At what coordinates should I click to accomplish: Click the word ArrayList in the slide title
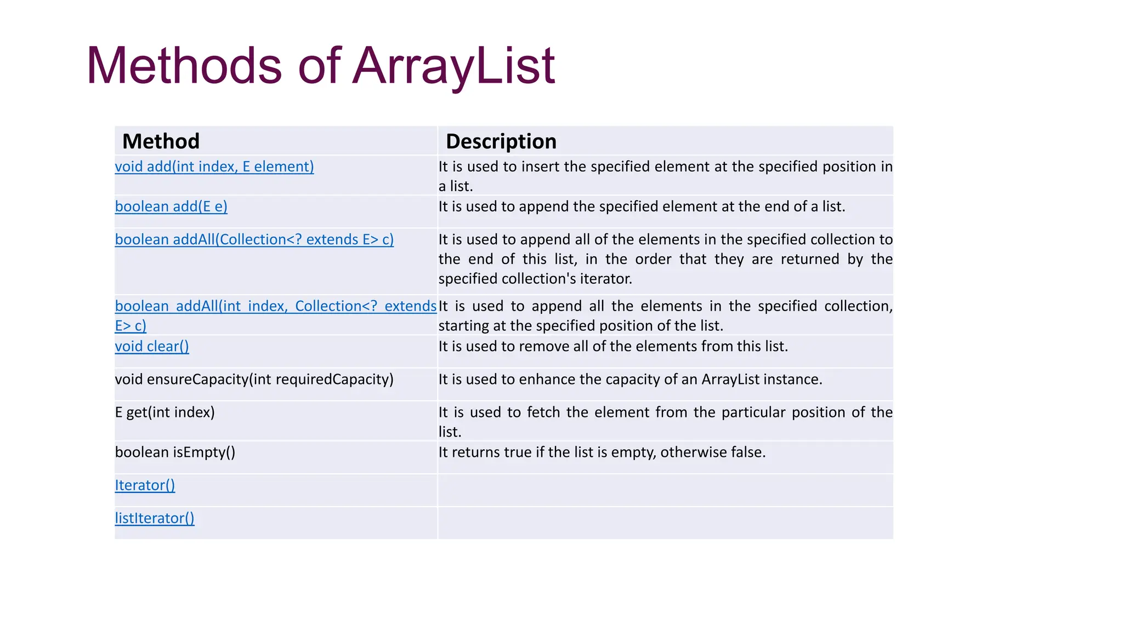point(453,66)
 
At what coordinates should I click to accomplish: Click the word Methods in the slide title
point(184,66)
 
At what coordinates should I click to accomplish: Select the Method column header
point(161,141)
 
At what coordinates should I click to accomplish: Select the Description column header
point(501,141)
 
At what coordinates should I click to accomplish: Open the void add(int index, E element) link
point(214,167)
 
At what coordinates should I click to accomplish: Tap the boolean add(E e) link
point(171,206)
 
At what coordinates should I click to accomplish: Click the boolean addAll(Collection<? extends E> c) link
point(254,239)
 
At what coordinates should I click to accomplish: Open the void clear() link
point(152,346)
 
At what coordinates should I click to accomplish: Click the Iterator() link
point(145,485)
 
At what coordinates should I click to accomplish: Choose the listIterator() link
point(155,518)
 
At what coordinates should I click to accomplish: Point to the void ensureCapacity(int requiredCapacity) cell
point(254,380)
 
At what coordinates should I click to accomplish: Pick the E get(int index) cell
point(165,412)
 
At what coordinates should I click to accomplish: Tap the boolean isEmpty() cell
point(175,452)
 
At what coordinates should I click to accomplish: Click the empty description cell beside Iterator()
point(665,490)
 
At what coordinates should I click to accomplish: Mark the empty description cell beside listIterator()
point(665,523)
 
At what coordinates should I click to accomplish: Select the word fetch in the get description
point(544,412)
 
